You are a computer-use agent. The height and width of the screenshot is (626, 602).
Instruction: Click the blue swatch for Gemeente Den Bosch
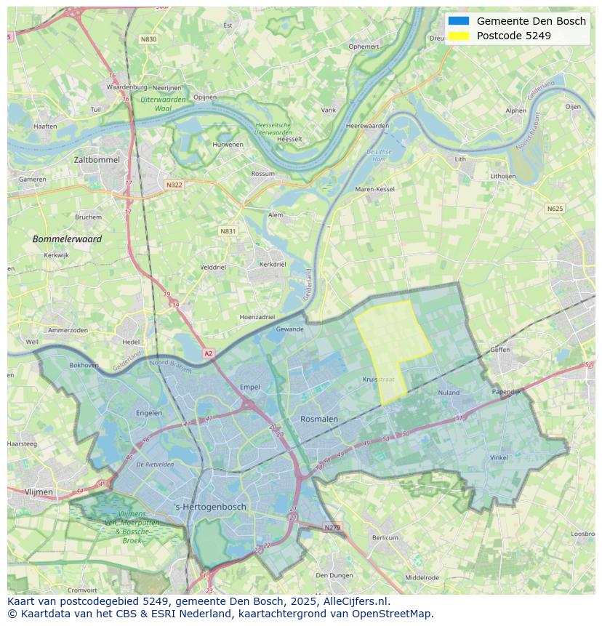pyautogui.click(x=459, y=21)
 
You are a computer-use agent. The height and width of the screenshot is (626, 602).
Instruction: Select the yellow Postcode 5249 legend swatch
pyautogui.click(x=459, y=36)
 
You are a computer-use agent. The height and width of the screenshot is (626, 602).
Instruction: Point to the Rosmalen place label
pyautogui.click(x=319, y=419)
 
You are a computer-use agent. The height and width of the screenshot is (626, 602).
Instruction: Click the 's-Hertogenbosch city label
pyautogui.click(x=211, y=507)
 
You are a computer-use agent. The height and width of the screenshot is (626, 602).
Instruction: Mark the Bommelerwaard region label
pyautogui.click(x=67, y=238)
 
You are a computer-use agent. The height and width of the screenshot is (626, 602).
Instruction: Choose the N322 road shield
pyautogui.click(x=174, y=185)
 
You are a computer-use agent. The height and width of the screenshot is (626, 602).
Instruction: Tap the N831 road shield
pyautogui.click(x=228, y=231)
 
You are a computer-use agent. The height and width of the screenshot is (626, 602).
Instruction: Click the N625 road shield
pyautogui.click(x=555, y=209)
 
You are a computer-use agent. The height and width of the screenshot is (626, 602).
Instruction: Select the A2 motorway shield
pyautogui.click(x=209, y=353)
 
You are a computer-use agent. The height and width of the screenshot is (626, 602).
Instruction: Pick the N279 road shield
pyautogui.click(x=332, y=527)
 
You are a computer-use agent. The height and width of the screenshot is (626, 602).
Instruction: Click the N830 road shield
pyautogui.click(x=148, y=39)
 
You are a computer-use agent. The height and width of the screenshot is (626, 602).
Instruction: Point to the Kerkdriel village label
pyautogui.click(x=273, y=264)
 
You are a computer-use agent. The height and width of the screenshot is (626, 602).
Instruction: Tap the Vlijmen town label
pyautogui.click(x=39, y=492)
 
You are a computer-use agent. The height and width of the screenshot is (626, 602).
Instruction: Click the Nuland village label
pyautogui.click(x=449, y=393)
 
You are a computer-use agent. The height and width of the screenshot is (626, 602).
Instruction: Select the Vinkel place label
pyautogui.click(x=499, y=458)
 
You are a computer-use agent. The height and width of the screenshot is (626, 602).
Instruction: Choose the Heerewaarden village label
pyautogui.click(x=368, y=126)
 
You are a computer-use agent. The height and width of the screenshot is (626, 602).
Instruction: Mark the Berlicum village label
pyautogui.click(x=385, y=537)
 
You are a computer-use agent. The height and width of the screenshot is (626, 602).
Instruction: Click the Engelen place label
pyautogui.click(x=149, y=413)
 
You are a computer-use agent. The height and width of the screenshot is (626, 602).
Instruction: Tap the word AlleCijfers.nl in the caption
pyautogui.click(x=357, y=601)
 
